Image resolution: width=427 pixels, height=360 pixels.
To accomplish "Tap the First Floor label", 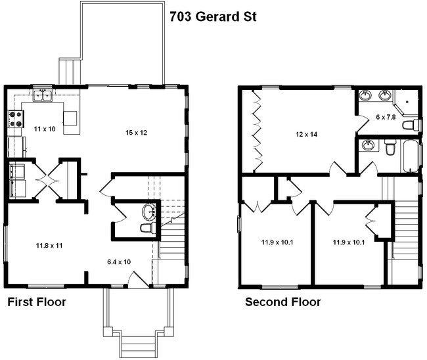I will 36,302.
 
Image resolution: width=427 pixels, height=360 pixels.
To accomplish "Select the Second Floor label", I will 283,302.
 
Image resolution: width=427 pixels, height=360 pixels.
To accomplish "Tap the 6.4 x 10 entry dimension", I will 119,261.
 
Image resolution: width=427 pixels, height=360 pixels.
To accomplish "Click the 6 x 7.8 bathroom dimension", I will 386,117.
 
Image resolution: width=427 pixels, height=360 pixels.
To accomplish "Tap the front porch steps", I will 137,344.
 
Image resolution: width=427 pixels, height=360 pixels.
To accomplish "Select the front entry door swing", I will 137,280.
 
